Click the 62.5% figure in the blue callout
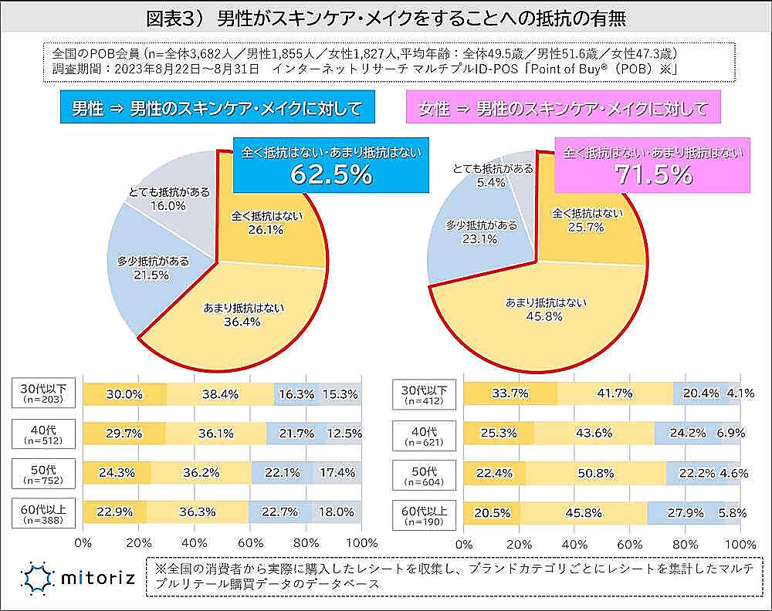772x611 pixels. click(331, 174)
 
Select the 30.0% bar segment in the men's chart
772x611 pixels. click(124, 393)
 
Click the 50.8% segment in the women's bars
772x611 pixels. click(596, 473)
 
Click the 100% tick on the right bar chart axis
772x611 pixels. click(737, 542)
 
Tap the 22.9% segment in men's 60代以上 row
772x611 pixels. click(115, 511)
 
